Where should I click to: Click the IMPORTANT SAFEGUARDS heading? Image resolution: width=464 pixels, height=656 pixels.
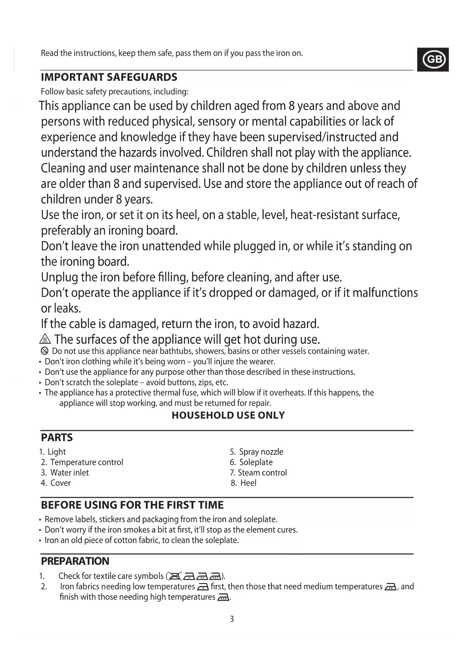[x=109, y=77]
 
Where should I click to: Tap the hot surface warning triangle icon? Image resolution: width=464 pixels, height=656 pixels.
[x=45, y=340]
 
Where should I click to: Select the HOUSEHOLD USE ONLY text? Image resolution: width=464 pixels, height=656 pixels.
[x=228, y=416]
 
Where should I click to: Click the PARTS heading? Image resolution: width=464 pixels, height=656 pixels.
[x=57, y=438]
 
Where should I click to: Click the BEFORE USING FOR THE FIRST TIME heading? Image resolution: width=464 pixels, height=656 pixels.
[x=132, y=505]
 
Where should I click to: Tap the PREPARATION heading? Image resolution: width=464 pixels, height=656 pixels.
[x=75, y=561]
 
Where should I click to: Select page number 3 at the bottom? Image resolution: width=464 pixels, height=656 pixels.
[x=232, y=619]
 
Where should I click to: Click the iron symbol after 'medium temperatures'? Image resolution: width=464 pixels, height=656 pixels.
[x=390, y=587]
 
